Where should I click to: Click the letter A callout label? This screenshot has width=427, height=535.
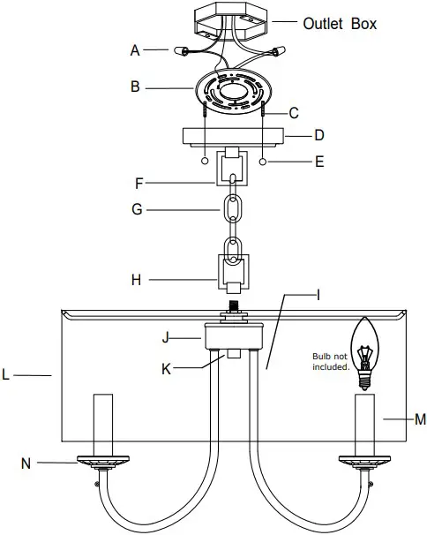click(136, 51)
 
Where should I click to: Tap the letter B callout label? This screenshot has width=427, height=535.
click(136, 87)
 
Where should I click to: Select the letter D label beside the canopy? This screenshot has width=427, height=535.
click(319, 136)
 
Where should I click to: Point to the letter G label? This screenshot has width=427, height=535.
click(137, 210)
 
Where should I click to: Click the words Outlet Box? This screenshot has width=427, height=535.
click(340, 23)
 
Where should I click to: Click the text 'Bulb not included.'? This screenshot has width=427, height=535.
click(331, 361)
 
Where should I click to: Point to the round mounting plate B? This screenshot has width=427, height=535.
click(233, 91)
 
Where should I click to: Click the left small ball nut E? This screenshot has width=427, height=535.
click(206, 162)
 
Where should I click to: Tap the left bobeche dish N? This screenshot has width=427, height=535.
click(104, 461)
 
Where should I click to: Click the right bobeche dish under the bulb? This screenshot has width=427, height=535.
click(363, 461)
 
